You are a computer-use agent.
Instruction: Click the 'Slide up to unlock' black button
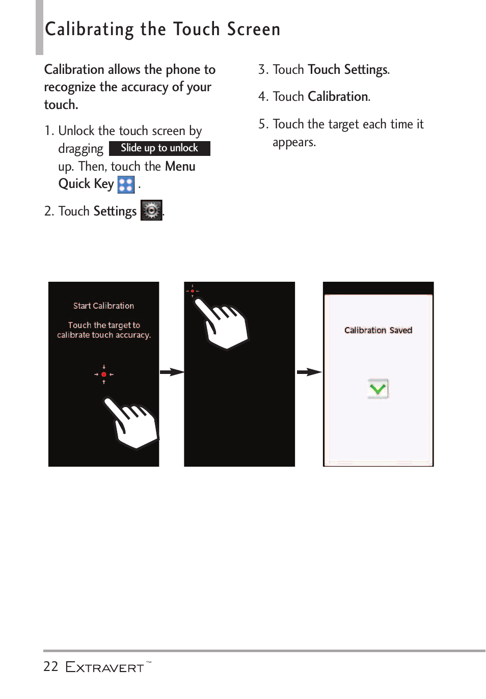tap(159, 148)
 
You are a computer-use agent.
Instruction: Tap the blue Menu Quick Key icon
tap(126, 184)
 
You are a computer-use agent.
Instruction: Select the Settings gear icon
tap(151, 210)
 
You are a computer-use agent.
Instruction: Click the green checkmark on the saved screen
tap(378, 389)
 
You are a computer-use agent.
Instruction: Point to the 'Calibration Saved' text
tap(378, 330)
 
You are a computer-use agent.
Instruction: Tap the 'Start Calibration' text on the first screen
tap(103, 306)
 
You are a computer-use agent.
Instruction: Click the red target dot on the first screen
tap(104, 374)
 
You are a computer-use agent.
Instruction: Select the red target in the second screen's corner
tap(192, 291)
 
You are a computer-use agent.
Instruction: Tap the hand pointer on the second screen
tap(224, 326)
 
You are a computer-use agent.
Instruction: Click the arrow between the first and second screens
tap(172, 372)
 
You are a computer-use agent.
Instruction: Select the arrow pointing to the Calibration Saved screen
tap(309, 372)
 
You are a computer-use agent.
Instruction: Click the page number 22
tap(51, 667)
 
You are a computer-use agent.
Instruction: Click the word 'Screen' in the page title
tap(254, 30)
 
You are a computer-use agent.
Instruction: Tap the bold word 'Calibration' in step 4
tap(338, 97)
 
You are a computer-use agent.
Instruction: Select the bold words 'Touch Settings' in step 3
tap(348, 70)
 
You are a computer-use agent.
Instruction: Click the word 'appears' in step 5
tap(293, 143)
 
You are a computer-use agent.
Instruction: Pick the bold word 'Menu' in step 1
tap(180, 167)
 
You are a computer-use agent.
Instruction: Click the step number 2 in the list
tap(48, 211)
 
